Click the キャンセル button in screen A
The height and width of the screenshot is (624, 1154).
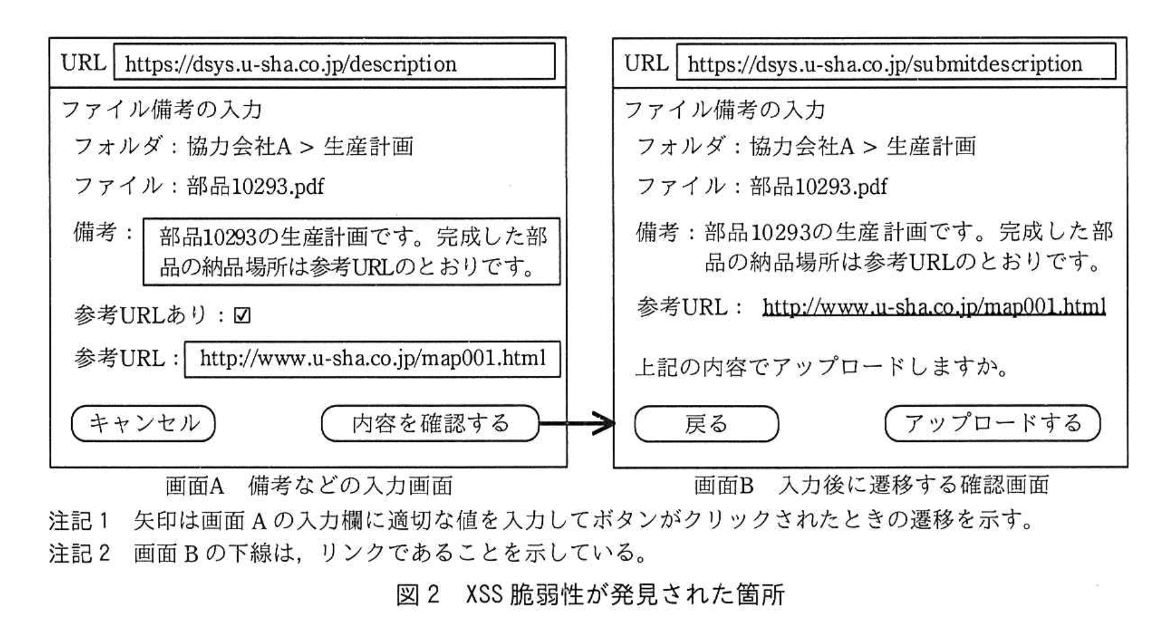coord(143,423)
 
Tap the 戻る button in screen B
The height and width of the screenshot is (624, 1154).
coord(706,424)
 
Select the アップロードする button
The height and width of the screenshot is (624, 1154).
coord(992,423)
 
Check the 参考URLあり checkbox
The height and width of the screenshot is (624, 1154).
coord(242,316)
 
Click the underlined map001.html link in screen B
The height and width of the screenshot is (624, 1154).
coord(934,306)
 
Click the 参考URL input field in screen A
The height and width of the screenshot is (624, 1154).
coord(372,358)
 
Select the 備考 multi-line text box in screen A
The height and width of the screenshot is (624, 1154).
coord(351,251)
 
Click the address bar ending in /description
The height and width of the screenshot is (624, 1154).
coord(334,63)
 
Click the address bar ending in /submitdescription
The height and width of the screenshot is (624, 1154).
coord(896,63)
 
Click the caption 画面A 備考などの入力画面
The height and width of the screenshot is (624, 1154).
coord(309,485)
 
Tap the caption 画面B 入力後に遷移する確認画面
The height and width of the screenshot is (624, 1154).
coord(871,485)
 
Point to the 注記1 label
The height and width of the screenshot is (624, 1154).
coord(79,521)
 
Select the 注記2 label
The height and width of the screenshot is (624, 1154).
coord(79,552)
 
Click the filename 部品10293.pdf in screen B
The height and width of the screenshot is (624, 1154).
coord(818,186)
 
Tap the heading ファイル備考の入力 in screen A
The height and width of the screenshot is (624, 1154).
coord(162,110)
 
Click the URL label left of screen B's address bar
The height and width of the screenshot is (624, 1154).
coord(646,63)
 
